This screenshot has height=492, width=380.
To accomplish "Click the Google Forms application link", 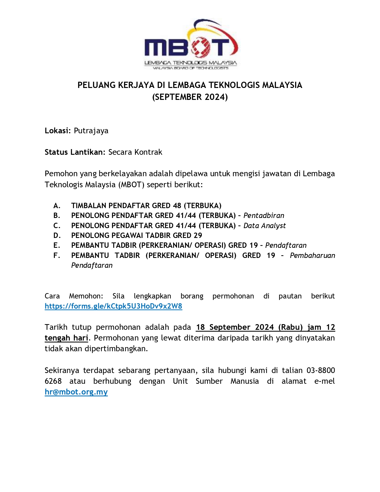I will (113, 306).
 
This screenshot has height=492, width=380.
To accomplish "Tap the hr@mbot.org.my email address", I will (76, 392).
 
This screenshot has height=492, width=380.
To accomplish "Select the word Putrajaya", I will (91, 131).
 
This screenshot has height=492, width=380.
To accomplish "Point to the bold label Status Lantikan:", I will (75, 152).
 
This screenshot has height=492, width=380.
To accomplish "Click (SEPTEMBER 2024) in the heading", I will (190, 97).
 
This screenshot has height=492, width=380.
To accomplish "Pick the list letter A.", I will (57, 206).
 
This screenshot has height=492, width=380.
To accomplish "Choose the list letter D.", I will (57, 236).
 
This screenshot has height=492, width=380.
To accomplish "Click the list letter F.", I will (57, 256).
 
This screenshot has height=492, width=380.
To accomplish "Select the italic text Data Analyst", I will (264, 226).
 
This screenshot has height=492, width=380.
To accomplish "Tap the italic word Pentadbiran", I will (264, 216).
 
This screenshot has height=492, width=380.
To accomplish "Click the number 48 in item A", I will (177, 206).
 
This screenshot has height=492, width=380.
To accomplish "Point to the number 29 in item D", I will (198, 236).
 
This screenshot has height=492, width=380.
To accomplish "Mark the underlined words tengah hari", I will (66, 338).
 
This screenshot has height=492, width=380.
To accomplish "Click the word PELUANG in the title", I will (96, 85).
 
